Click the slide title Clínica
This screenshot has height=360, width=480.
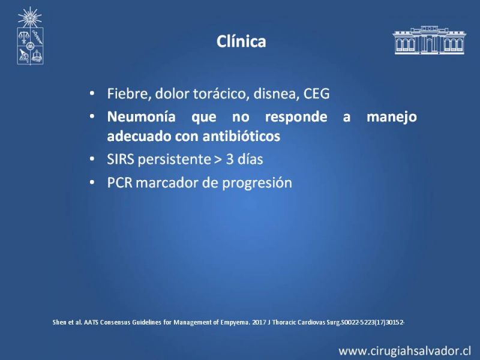pos(241,41)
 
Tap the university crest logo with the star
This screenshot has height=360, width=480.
pos(30,36)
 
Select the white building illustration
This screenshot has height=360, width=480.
pos(429,40)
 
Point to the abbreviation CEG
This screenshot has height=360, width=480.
pos(316,94)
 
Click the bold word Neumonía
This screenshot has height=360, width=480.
pos(141,116)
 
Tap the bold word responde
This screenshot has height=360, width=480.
pos(296,117)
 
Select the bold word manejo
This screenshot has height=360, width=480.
pos(392,117)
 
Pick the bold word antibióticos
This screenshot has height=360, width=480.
pos(241,136)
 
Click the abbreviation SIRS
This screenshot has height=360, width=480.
pos(121,159)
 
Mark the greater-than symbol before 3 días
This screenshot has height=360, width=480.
pos(218,160)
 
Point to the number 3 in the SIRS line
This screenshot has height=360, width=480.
pos(230,159)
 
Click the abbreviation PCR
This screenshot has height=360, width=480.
pos(119,183)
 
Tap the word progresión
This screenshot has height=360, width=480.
pos(257,184)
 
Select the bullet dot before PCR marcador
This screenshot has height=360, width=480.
pos(92,183)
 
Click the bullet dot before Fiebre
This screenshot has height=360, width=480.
pos(92,94)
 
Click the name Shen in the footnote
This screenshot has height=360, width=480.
pos(58,322)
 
